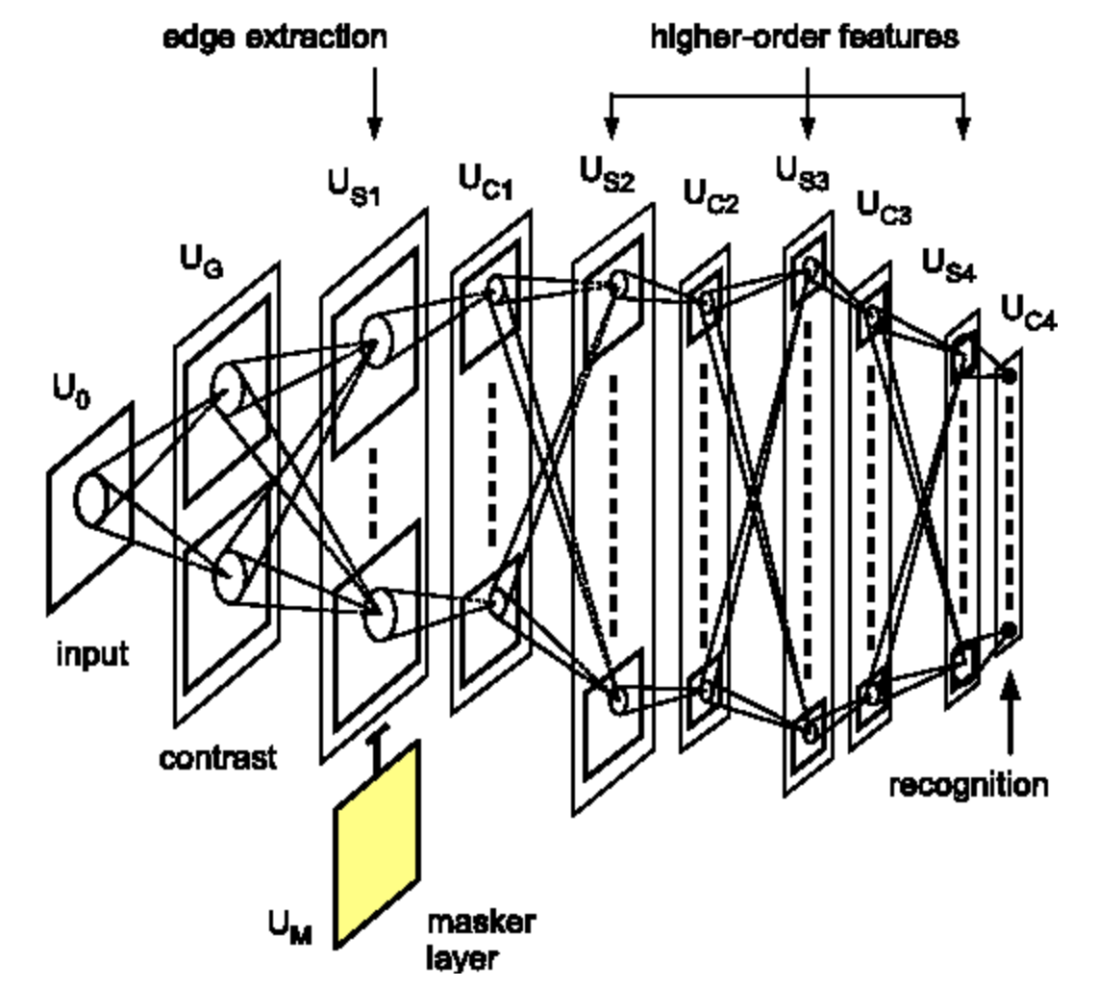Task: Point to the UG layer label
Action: (x=200, y=261)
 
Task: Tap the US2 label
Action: (x=607, y=174)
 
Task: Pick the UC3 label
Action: (x=884, y=207)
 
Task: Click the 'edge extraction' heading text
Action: (x=275, y=38)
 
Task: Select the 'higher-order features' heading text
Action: (x=805, y=38)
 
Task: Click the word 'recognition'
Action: (x=967, y=785)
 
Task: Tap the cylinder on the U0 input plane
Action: (x=93, y=499)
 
